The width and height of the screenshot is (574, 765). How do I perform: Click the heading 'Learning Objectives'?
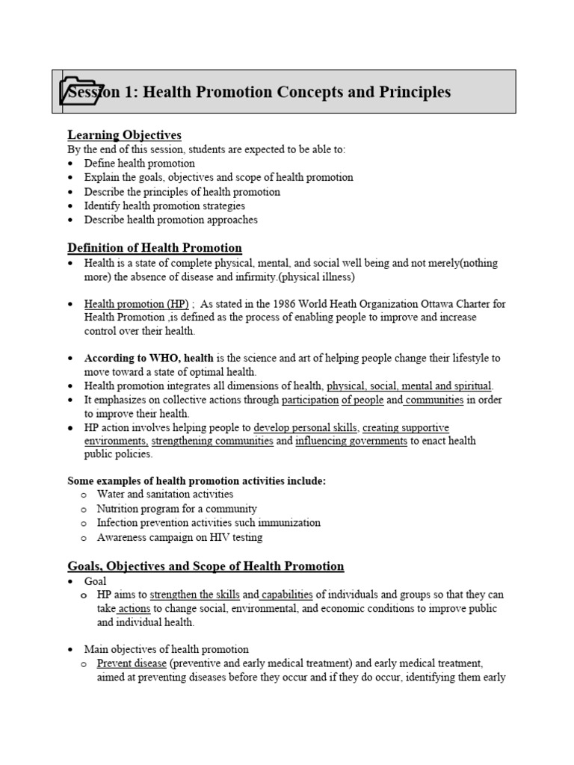(x=124, y=135)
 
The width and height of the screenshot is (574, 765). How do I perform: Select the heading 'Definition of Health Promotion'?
(x=155, y=248)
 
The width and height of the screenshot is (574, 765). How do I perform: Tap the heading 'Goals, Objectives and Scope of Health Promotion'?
(x=206, y=566)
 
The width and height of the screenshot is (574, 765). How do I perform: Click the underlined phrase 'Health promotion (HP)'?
(x=136, y=304)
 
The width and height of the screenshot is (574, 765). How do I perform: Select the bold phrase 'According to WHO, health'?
(x=149, y=358)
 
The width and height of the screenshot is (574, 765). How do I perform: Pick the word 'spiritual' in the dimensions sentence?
(x=469, y=386)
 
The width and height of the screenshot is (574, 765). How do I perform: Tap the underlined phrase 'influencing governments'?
(x=351, y=442)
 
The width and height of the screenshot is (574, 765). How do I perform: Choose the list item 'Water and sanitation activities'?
(x=165, y=494)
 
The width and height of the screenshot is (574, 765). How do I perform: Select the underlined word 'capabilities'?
(x=287, y=595)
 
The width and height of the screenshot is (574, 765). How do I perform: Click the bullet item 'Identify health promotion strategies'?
(x=164, y=205)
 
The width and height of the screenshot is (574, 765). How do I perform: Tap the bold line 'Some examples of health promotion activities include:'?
(x=197, y=480)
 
